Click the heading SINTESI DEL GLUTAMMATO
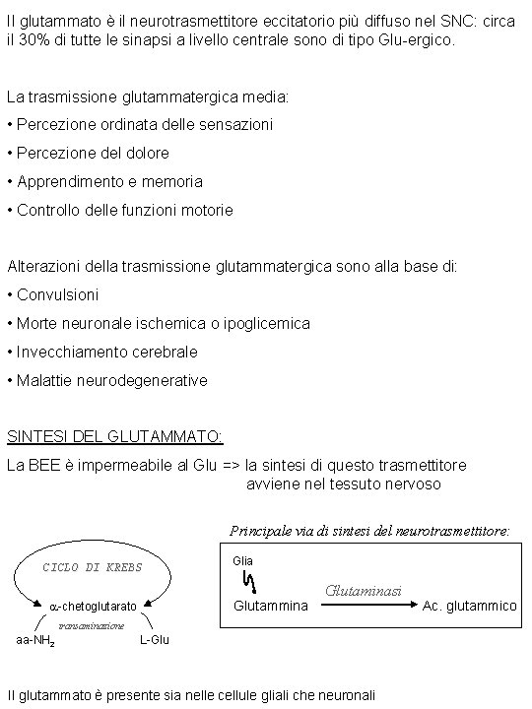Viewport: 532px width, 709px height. tap(115, 436)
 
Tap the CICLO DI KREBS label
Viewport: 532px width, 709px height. tap(93, 567)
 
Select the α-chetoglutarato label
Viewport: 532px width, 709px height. tap(94, 605)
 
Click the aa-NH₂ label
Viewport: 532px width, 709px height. tap(35, 641)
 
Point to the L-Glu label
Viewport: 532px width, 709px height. tap(155, 640)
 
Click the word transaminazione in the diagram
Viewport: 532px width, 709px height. tap(92, 624)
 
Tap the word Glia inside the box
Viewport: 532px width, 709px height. tap(243, 560)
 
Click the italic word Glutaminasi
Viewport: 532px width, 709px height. tap(364, 590)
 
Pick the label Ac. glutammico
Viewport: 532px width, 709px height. tap(469, 606)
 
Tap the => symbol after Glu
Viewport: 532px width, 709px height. tap(231, 465)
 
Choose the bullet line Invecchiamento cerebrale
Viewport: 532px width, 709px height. tap(107, 353)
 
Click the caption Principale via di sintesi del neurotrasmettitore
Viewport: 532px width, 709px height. tap(370, 531)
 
